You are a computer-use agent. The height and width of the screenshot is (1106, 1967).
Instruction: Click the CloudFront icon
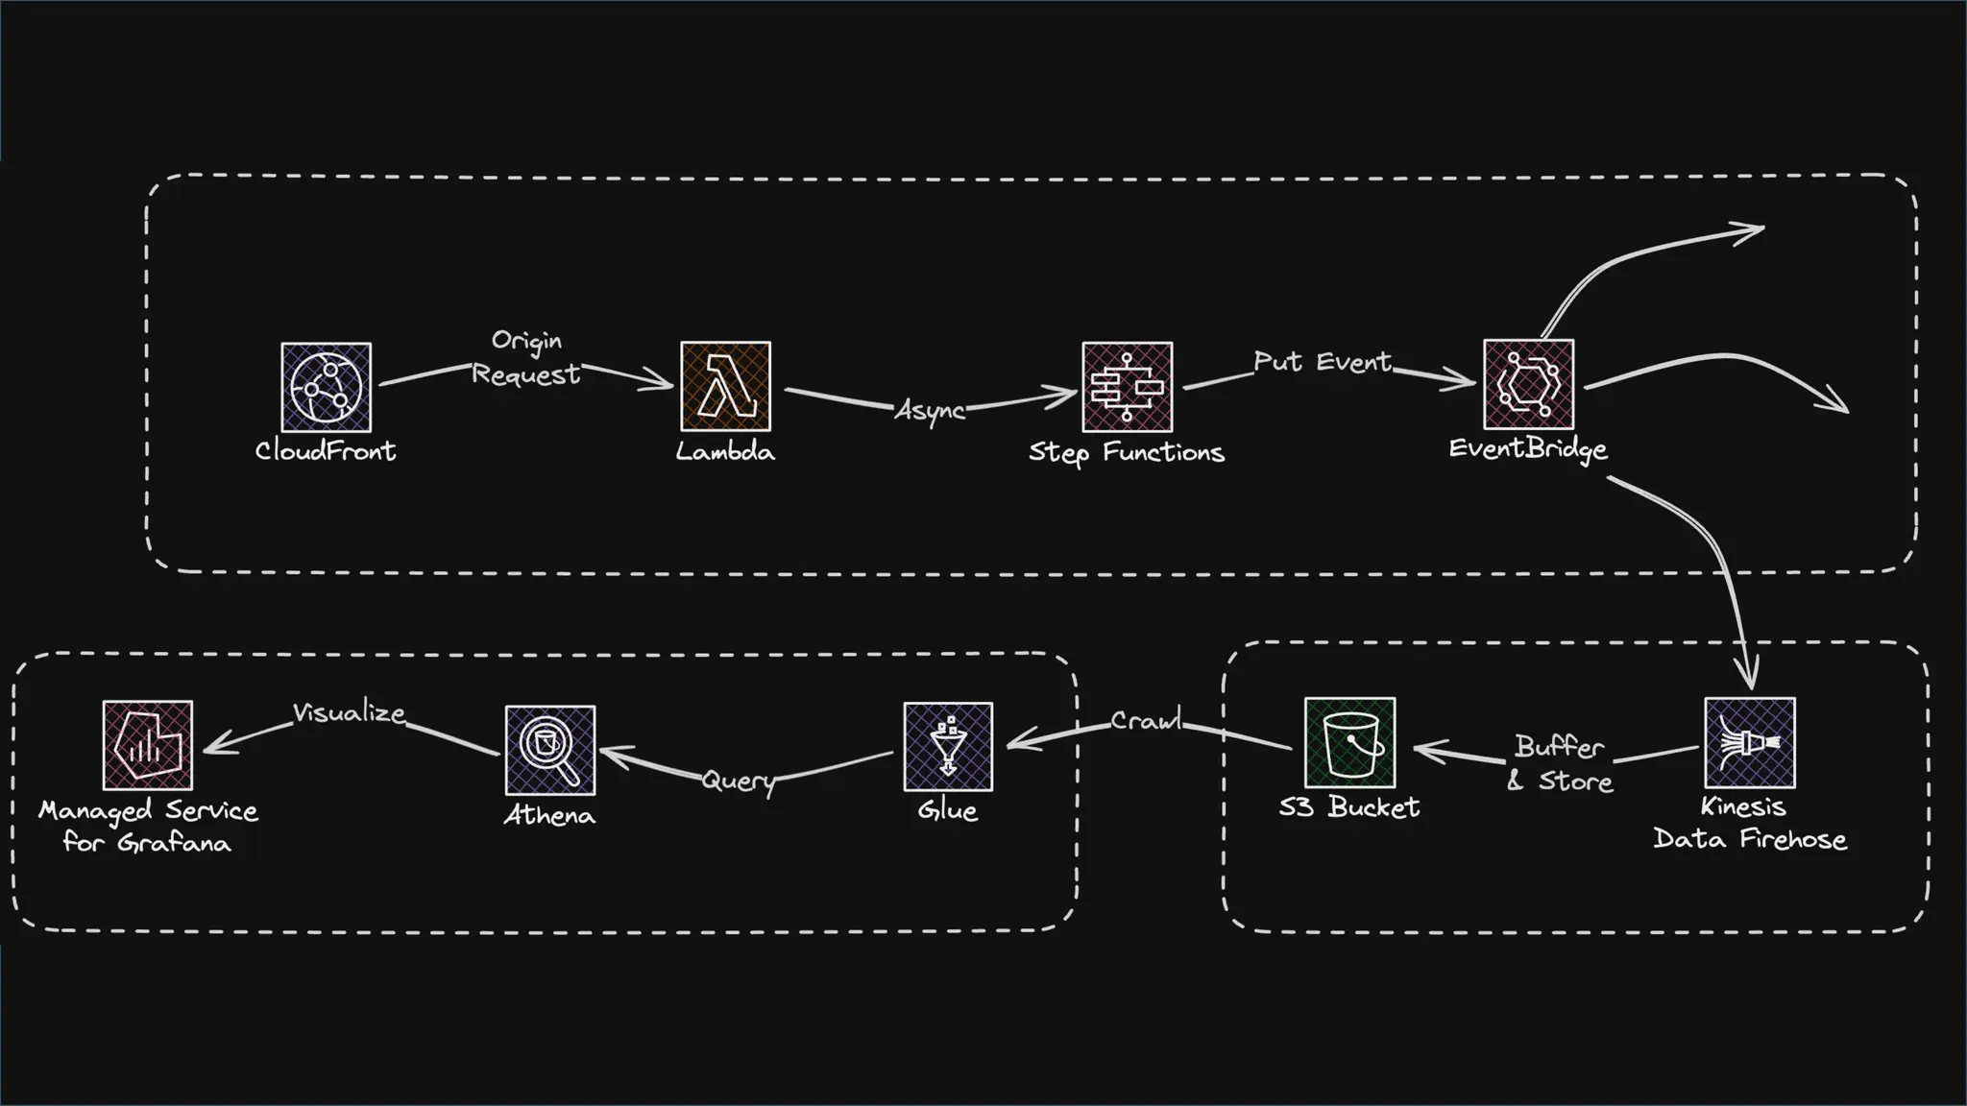(327, 388)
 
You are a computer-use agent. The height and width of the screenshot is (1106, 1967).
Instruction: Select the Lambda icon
(725, 386)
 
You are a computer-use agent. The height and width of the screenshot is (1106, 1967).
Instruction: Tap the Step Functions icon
(1127, 387)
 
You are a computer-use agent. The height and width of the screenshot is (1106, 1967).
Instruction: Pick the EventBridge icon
(1528, 384)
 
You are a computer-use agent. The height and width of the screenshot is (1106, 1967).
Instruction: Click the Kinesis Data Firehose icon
(1749, 743)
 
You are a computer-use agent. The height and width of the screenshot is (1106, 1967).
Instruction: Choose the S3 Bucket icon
(1349, 743)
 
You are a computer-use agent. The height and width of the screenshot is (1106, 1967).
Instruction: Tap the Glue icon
(948, 747)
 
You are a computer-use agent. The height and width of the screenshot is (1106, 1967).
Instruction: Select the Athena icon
(549, 750)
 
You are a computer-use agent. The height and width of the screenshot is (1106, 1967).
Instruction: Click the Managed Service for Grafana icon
(148, 745)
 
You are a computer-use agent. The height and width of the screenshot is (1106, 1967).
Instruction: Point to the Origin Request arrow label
(526, 357)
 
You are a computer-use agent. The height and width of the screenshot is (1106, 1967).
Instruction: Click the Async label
(930, 411)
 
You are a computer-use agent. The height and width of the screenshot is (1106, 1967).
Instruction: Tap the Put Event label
(1322, 362)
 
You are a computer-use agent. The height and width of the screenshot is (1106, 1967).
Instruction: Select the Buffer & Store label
(1560, 763)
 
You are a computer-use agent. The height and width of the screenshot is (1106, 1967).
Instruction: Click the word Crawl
(1146, 720)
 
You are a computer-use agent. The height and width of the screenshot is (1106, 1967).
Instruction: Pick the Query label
(738, 781)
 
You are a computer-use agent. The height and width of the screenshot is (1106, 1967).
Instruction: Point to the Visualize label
(349, 712)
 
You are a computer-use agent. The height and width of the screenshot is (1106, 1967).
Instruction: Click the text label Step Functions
(1127, 452)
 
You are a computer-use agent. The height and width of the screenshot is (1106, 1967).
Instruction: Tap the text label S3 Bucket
(1348, 807)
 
